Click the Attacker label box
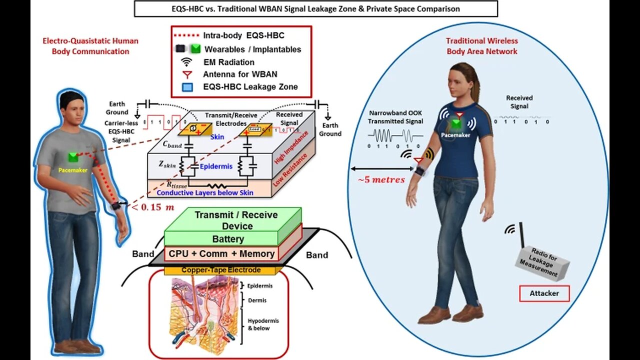[544, 293]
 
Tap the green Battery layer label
[228, 239]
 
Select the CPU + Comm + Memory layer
[221, 254]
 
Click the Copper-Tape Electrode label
[220, 270]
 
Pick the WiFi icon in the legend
[186, 62]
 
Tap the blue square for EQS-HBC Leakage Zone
[186, 87]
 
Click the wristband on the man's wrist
[116, 206]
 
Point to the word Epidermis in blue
[216, 166]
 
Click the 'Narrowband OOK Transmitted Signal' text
[397, 117]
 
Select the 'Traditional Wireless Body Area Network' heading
[482, 46]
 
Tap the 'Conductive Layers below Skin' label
[205, 193]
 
